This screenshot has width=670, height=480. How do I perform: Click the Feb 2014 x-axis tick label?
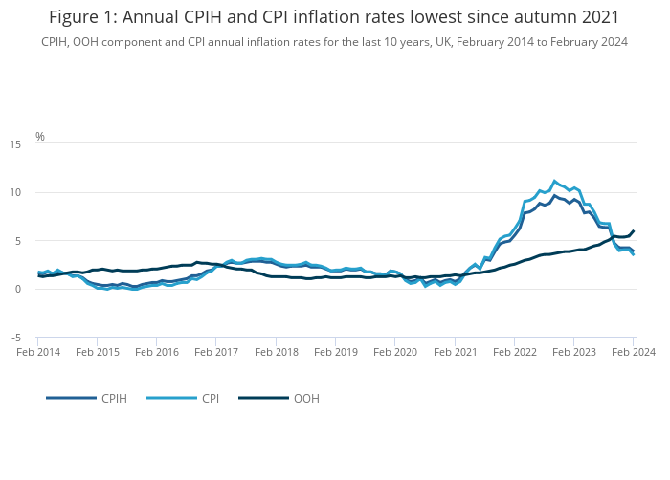(x=38, y=352)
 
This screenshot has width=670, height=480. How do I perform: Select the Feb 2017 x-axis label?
(x=216, y=352)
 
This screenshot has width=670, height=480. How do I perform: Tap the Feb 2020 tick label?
(x=395, y=352)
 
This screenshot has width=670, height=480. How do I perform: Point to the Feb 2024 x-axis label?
(x=633, y=352)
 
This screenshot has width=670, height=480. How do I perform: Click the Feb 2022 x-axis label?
(x=514, y=352)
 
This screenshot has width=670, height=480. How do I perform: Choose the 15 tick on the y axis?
(x=15, y=144)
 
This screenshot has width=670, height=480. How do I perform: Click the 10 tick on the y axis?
(x=15, y=193)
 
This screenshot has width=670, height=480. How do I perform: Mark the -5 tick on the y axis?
(x=16, y=338)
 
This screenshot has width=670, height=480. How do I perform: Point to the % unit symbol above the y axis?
(x=40, y=137)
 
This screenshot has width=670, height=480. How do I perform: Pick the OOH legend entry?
(x=306, y=398)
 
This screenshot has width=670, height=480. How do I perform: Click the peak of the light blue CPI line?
(x=554, y=180)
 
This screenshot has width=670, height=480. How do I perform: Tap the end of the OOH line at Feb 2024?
(x=633, y=230)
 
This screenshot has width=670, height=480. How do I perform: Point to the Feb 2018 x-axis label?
(x=276, y=352)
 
